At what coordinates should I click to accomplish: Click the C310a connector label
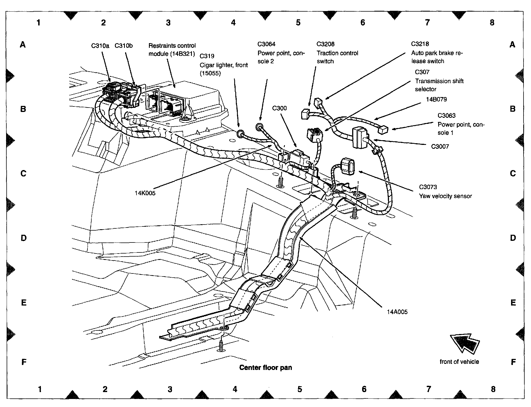(100, 46)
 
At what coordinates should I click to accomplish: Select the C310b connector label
(123, 46)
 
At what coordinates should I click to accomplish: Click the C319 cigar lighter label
(207, 56)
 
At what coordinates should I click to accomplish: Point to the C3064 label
(266, 44)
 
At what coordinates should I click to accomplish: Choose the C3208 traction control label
(326, 44)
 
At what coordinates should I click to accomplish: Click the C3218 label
(420, 44)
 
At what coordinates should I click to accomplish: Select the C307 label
(422, 72)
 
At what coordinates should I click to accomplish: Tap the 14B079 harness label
(436, 99)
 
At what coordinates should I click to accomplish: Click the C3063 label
(446, 116)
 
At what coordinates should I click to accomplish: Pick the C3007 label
(440, 147)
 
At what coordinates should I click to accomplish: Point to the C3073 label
(428, 187)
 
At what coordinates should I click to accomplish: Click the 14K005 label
(145, 193)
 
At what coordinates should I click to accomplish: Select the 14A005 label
(397, 312)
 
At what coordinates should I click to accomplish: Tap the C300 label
(279, 108)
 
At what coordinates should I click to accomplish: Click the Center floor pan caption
(265, 367)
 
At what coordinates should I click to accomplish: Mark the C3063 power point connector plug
(383, 129)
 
